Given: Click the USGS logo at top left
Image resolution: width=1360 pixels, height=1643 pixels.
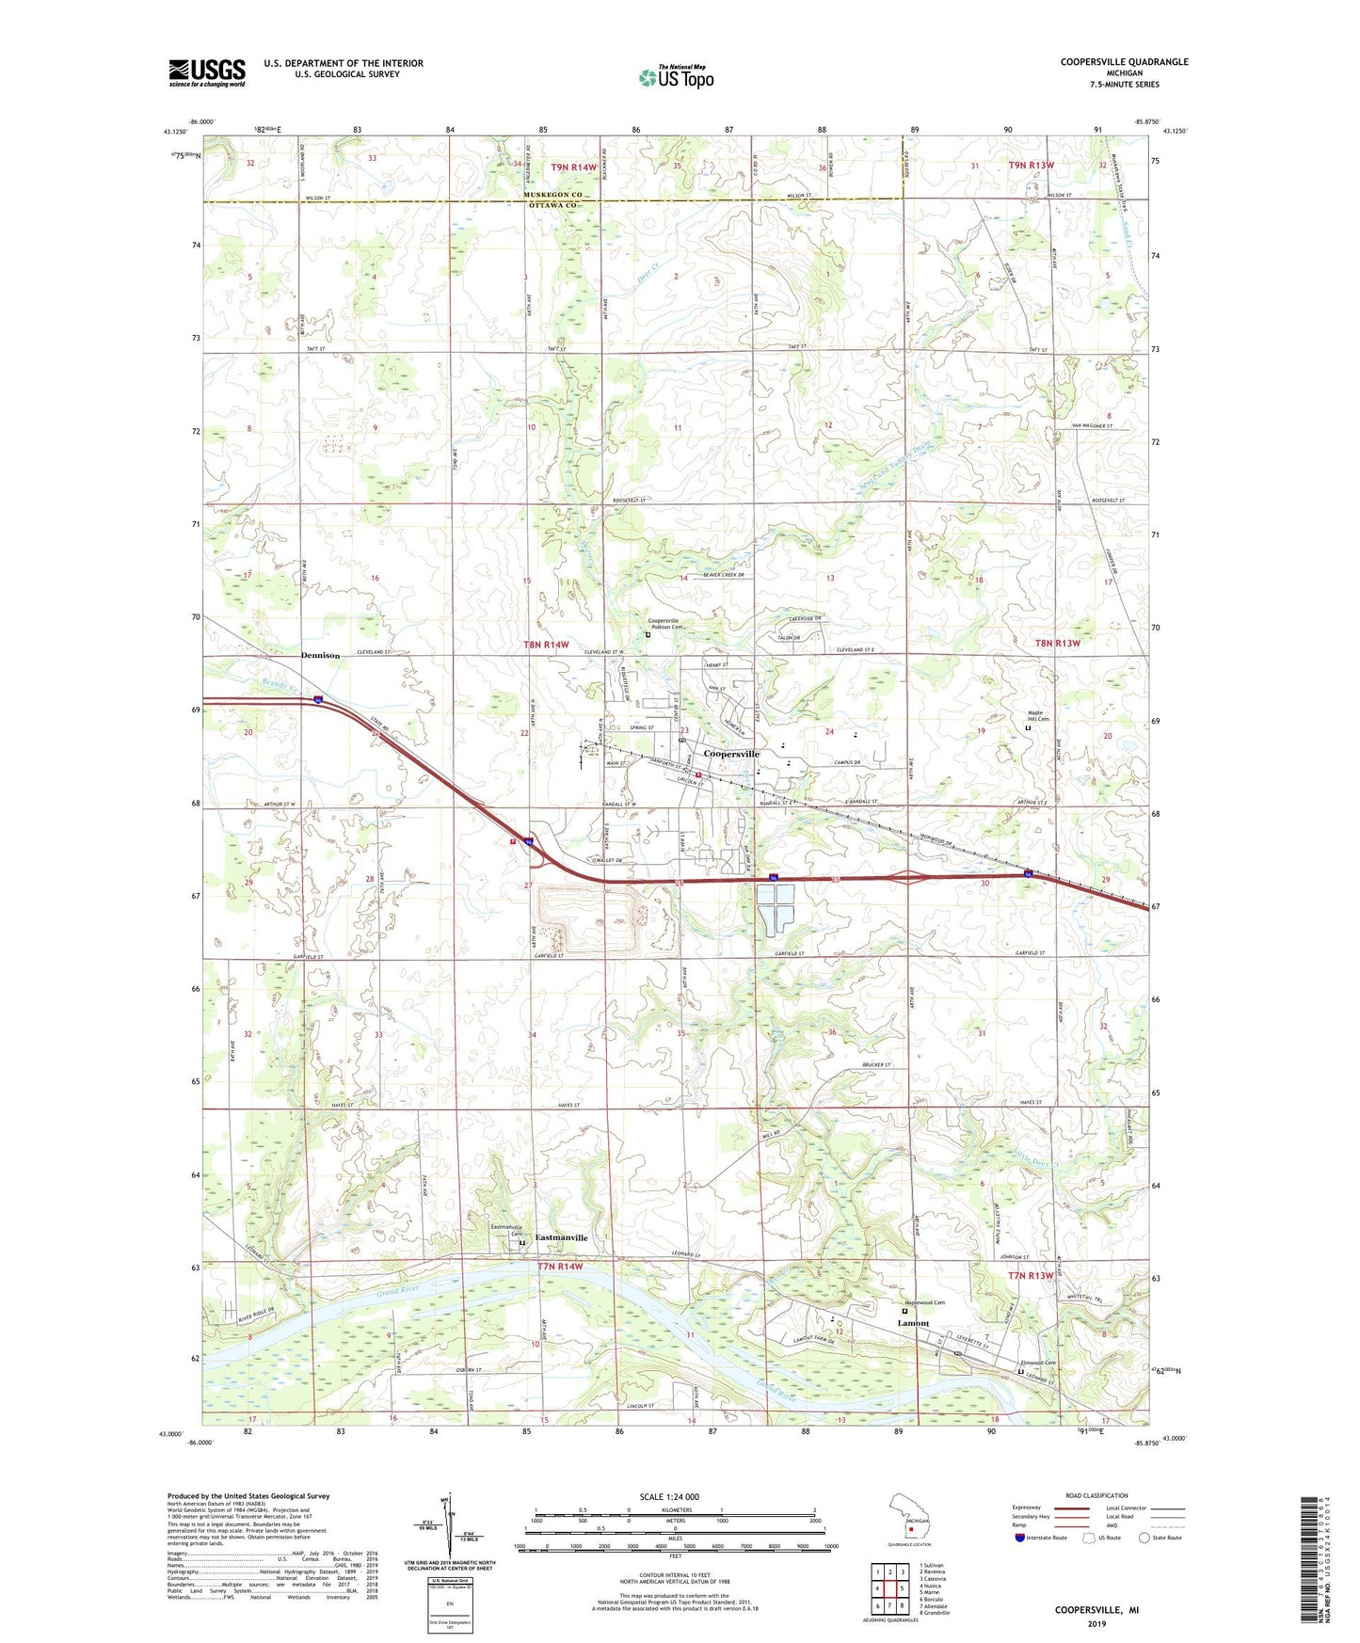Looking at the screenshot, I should tap(206, 72).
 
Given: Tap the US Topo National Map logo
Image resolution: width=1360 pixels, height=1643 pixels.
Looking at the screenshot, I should tap(676, 76).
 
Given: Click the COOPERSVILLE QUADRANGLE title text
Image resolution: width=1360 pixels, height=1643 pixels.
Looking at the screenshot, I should tap(1124, 62).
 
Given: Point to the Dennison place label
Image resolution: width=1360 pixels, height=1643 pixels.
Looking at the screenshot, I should tap(320, 655).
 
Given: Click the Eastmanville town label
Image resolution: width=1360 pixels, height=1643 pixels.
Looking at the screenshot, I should tap(562, 1237).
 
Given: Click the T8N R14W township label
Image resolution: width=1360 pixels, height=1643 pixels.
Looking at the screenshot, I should tap(546, 645).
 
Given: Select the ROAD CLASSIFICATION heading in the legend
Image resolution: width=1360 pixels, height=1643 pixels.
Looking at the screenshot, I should tap(1097, 1495).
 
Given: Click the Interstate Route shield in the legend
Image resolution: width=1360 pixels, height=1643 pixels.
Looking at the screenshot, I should tap(1020, 1538).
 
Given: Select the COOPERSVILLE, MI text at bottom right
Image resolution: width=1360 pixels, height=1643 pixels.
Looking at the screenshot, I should tap(1096, 1610).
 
